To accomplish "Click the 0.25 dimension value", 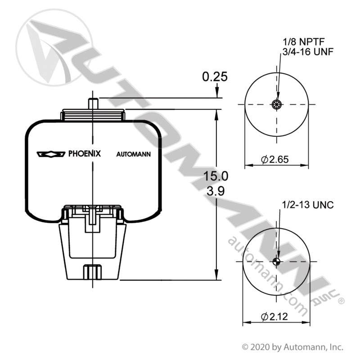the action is (x=215, y=76).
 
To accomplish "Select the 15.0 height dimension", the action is (x=216, y=176).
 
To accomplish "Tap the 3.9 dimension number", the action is (x=216, y=191).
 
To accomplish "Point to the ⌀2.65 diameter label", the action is (x=275, y=159).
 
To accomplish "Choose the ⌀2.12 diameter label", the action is (x=274, y=317).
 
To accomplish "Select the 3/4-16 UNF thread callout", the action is (x=308, y=52).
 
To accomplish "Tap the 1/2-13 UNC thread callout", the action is (x=308, y=205).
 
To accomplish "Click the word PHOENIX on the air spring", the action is (x=85, y=153).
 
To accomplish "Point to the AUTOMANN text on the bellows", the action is (x=133, y=154).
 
